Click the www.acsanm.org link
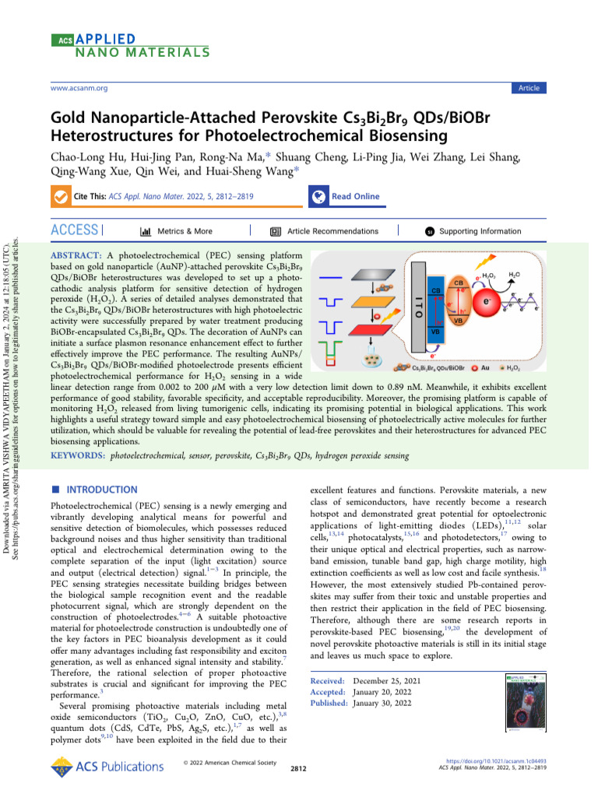coord(79,88)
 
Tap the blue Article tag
coord(529,88)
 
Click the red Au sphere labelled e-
coord(487,301)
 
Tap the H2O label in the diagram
coord(515,275)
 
